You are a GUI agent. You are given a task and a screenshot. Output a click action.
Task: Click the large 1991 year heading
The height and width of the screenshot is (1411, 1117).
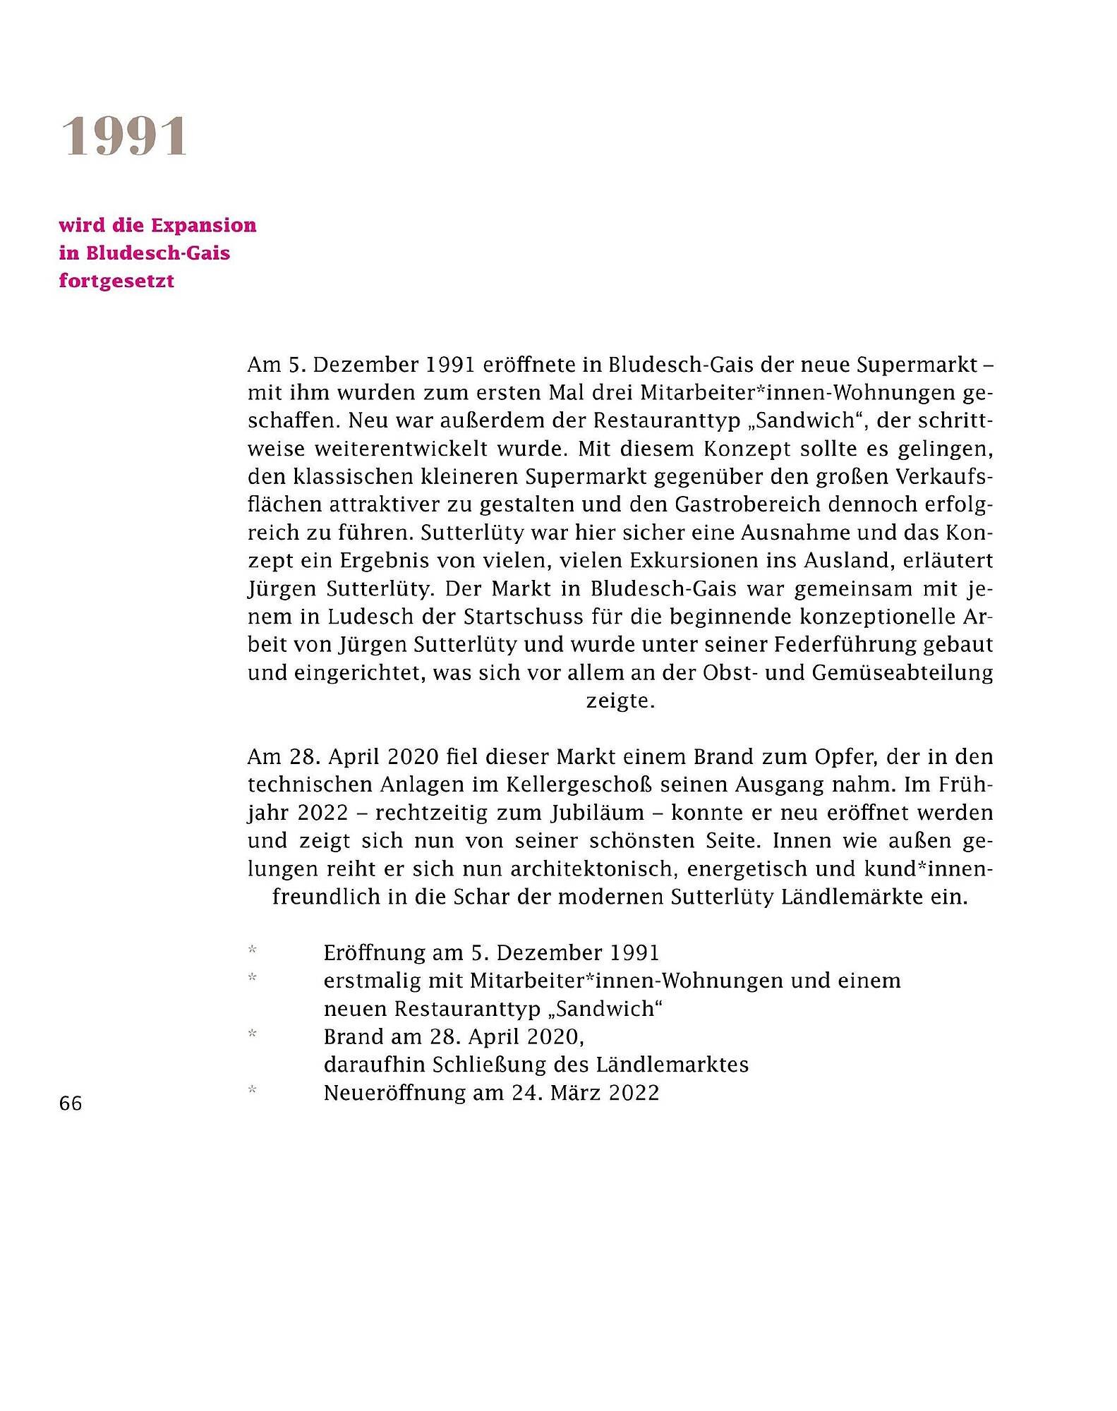click(x=124, y=137)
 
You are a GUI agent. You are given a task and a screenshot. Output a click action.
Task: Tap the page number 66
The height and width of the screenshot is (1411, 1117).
click(x=71, y=1103)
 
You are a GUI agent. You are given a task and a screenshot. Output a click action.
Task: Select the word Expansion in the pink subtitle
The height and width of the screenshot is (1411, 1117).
click(x=204, y=226)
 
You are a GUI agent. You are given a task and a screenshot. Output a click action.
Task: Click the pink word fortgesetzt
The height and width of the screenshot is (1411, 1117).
click(x=116, y=281)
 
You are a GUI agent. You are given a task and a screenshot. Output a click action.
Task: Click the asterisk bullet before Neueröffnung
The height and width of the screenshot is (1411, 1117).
click(x=252, y=1091)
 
